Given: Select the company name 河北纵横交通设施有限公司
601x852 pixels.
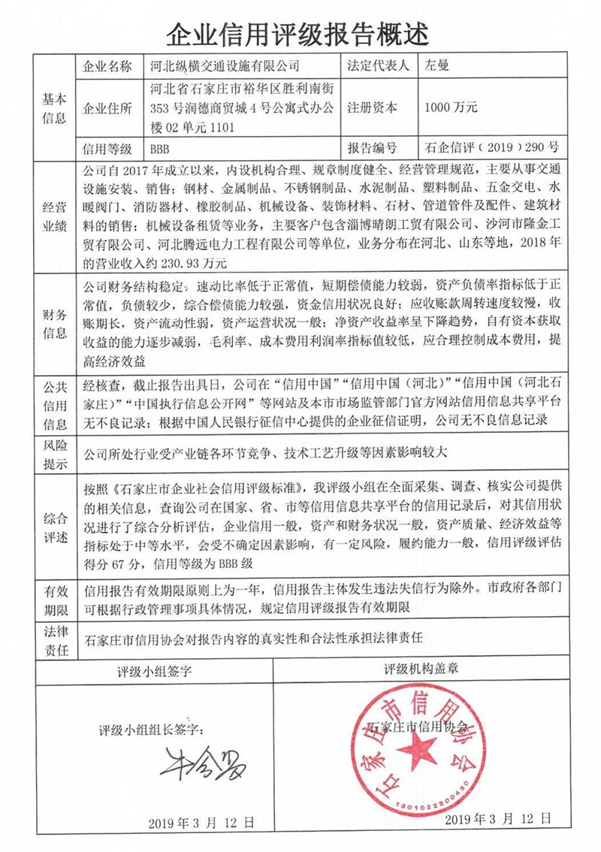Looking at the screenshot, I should tap(225, 67).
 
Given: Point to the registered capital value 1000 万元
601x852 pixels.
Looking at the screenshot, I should tap(451, 107).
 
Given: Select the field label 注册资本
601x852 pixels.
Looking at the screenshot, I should tap(372, 107).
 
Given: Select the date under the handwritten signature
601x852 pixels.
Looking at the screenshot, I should tap(201, 821).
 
